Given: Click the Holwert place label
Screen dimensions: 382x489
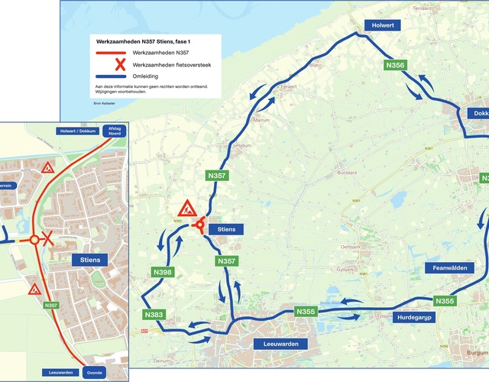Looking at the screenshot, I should [x=381, y=24].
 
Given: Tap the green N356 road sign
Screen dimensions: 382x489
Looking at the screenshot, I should [x=395, y=66].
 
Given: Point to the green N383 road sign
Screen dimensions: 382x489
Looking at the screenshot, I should [x=153, y=315].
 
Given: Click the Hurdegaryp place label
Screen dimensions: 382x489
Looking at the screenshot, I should [x=416, y=317].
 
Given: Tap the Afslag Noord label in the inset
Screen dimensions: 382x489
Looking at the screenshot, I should [x=114, y=131].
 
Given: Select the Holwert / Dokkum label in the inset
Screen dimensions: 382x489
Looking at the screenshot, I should [x=78, y=131].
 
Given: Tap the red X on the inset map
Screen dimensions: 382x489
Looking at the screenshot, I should [x=47, y=239].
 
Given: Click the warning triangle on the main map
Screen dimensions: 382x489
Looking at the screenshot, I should [x=186, y=208].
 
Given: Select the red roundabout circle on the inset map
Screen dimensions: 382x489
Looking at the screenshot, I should [x=34, y=240].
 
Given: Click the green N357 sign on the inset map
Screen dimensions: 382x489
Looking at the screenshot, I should [x=52, y=306].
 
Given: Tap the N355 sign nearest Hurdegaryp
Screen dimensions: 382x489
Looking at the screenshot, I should [x=445, y=301].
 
